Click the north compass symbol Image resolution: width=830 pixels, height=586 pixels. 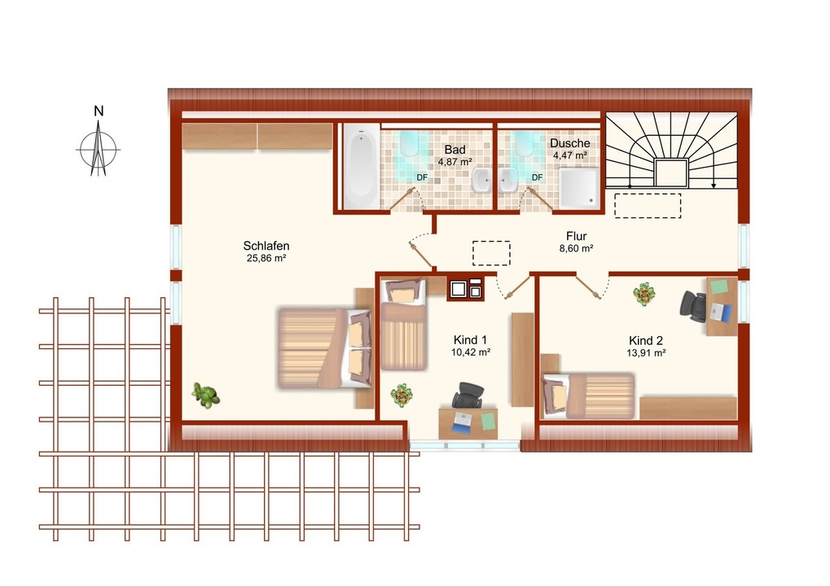click(98, 148)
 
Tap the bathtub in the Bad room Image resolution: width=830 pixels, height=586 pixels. click(361, 166)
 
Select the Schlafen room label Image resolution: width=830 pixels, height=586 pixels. click(266, 246)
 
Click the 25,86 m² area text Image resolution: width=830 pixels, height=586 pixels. click(266, 259)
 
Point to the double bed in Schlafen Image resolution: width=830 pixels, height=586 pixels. click(324, 348)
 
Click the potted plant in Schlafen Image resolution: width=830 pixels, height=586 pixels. click(206, 395)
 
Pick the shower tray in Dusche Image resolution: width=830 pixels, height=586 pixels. click(580, 188)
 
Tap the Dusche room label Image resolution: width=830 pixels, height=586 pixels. click(569, 143)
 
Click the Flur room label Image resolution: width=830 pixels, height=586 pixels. click(576, 236)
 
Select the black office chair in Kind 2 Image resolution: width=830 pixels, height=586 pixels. click(693, 306)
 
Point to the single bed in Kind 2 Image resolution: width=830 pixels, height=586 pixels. click(588, 395)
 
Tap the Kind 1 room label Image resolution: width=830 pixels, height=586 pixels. click(470, 340)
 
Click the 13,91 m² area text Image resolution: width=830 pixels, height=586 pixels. click(646, 353)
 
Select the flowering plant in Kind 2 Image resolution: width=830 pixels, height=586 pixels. click(643, 294)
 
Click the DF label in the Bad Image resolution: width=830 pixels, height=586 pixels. click(422, 177)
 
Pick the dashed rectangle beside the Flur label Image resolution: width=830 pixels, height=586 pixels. click(491, 253)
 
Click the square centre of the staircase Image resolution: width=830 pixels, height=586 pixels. click(671, 173)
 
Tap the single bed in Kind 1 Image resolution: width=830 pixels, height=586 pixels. click(403, 324)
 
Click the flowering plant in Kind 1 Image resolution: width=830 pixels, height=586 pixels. click(402, 395)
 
